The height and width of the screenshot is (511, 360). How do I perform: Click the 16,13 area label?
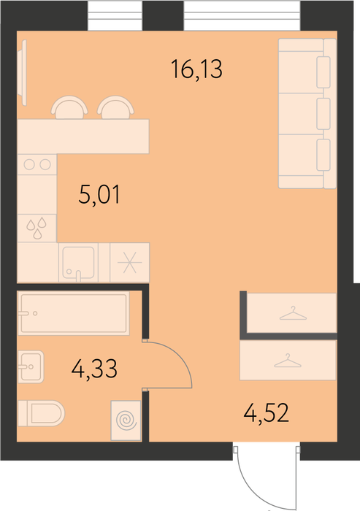[196, 69]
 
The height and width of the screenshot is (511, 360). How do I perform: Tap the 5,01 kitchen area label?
[99, 194]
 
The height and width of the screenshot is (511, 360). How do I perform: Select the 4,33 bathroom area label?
[94, 369]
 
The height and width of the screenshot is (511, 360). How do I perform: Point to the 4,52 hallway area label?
[266, 412]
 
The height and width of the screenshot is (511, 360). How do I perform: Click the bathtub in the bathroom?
[74, 313]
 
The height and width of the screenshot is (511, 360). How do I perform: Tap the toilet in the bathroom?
[41, 413]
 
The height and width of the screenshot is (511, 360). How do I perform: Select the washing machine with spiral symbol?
[126, 420]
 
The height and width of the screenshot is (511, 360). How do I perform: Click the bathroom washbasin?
[31, 366]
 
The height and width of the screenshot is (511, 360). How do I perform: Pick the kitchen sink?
[78, 262]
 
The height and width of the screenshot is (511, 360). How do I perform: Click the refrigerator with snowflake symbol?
[130, 262]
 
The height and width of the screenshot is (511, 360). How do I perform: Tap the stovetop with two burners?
[37, 164]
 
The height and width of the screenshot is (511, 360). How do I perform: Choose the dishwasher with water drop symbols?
[37, 228]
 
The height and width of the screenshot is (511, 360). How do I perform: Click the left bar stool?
[69, 107]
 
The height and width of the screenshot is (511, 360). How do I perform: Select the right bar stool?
[115, 107]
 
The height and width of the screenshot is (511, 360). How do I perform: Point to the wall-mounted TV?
[23, 73]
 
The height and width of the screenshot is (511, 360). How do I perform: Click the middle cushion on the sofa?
[323, 114]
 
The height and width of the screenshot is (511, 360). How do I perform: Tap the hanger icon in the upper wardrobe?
[293, 313]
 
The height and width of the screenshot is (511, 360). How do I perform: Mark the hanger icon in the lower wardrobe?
[288, 361]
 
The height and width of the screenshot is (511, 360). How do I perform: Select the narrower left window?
[115, 15]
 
